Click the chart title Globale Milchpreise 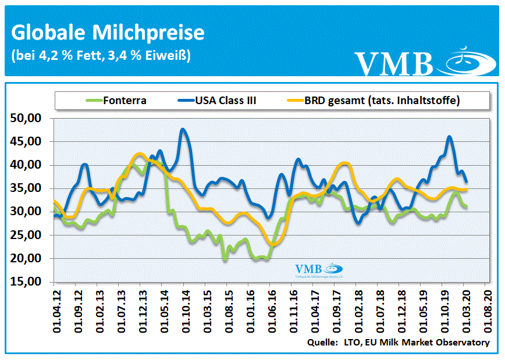point(108,33)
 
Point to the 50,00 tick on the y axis point(26,118)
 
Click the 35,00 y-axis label point(26,188)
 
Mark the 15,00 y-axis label point(26,282)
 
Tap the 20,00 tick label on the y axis point(26,259)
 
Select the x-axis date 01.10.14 point(184,311)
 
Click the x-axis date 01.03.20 point(465,311)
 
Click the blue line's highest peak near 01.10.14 point(183,129)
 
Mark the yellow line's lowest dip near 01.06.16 point(271,245)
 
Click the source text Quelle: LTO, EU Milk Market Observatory point(399,343)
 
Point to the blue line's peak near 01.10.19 point(449,137)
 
